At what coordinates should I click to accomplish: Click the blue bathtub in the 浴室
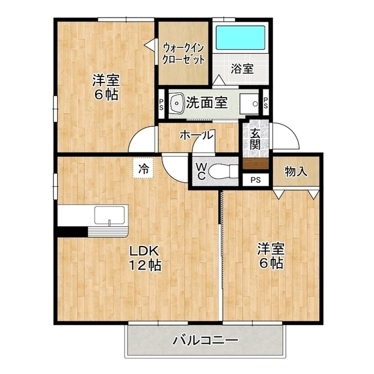click(240, 37)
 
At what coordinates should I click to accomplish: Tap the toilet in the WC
click(223, 171)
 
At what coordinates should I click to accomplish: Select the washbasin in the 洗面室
click(176, 103)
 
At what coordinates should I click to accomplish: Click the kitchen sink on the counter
click(109, 216)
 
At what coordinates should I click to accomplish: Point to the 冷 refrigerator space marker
click(144, 169)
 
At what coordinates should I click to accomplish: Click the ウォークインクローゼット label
click(183, 54)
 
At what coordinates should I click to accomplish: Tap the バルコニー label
click(205, 340)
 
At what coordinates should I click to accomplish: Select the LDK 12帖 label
click(145, 258)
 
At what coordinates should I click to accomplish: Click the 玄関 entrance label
click(255, 139)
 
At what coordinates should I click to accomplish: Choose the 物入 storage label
click(296, 171)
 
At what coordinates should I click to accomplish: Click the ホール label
click(196, 135)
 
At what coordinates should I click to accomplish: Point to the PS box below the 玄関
click(256, 180)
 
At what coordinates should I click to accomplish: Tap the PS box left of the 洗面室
click(161, 104)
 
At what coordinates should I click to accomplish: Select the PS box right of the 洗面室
click(266, 103)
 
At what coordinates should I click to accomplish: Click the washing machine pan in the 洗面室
click(249, 104)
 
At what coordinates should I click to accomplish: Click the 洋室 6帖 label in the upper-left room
click(106, 87)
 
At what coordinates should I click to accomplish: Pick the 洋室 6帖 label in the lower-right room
click(271, 256)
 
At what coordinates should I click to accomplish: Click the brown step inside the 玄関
click(256, 164)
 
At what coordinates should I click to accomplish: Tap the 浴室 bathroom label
click(242, 69)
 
